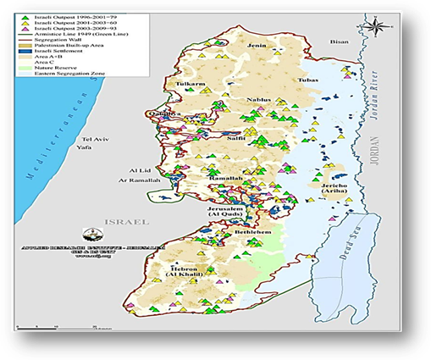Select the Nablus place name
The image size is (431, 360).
257,100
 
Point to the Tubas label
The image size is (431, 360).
309,80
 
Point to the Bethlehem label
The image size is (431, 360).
251,230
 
